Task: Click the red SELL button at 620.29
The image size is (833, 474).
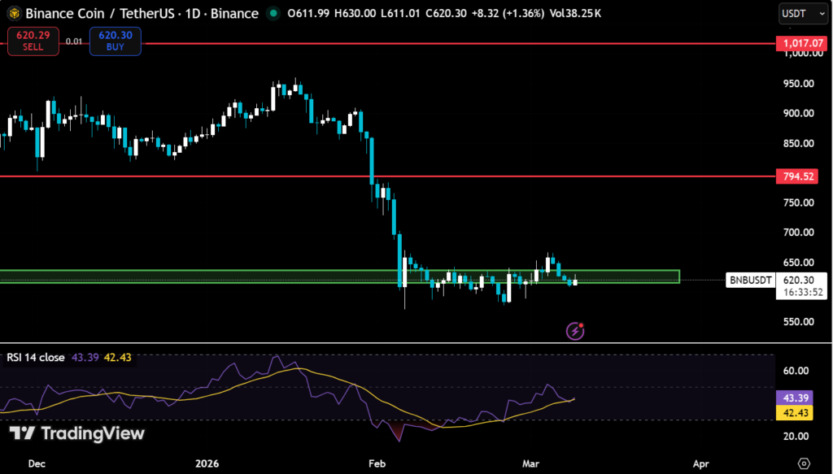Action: pyautogui.click(x=33, y=41)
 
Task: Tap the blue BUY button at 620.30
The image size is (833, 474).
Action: pyautogui.click(x=115, y=41)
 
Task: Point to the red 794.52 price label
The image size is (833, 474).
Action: pyautogui.click(x=797, y=176)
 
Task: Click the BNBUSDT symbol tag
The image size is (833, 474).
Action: pyautogui.click(x=749, y=280)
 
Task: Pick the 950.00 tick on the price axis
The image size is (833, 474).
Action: pyautogui.click(x=798, y=84)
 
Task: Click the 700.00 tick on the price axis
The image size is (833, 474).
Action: pyautogui.click(x=798, y=233)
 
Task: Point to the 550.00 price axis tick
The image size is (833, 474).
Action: pyautogui.click(x=798, y=321)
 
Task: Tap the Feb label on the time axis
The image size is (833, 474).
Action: pyautogui.click(x=376, y=463)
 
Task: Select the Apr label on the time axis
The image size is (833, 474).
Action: pyautogui.click(x=700, y=463)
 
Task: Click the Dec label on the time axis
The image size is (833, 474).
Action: pyautogui.click(x=37, y=463)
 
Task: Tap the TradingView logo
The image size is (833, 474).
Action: pyautogui.click(x=76, y=433)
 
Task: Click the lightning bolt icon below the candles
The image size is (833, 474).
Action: pyautogui.click(x=575, y=330)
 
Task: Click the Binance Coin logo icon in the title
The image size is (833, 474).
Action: pyautogui.click(x=13, y=14)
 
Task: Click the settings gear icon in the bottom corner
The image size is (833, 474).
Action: pyautogui.click(x=805, y=463)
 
